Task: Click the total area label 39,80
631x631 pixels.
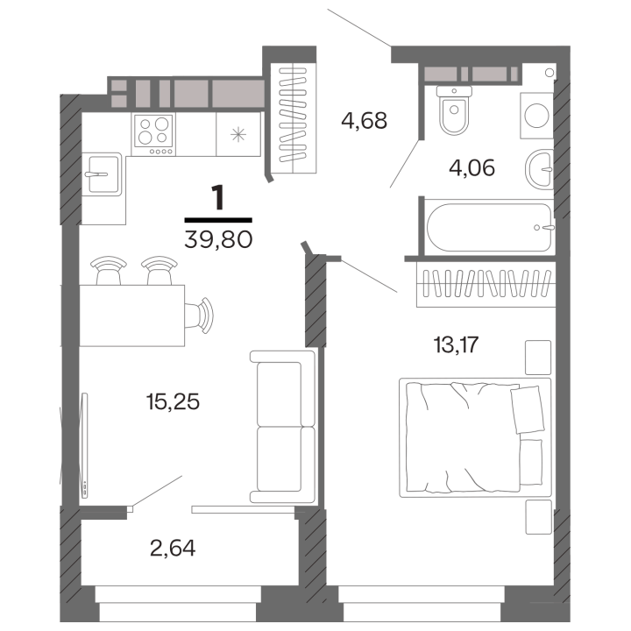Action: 218,238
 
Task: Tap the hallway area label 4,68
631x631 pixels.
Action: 365,120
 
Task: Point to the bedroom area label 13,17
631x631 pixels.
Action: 455,343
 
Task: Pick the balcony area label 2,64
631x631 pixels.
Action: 172,549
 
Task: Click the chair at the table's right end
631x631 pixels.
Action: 201,313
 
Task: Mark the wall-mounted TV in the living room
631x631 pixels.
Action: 84,446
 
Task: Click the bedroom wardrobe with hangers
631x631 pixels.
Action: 483,285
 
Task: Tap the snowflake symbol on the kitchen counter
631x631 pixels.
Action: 237,134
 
